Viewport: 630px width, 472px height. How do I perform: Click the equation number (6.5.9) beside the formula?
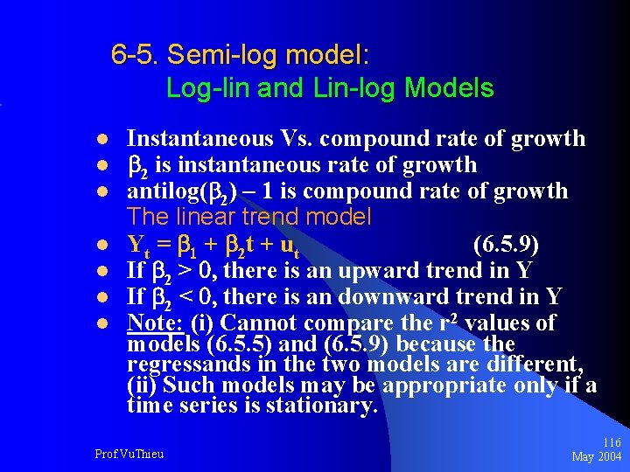pyautogui.click(x=506, y=243)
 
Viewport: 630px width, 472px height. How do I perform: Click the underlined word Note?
pyautogui.click(x=155, y=323)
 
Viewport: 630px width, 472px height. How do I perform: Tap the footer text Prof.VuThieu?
pyautogui.click(x=129, y=454)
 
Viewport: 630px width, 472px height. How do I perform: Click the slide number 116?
pyautogui.click(x=611, y=444)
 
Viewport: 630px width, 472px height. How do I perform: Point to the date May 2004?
pyautogui.click(x=596, y=457)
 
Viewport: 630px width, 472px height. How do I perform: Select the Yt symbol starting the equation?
pyautogui.click(x=136, y=244)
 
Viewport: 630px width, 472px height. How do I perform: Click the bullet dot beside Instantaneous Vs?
pyautogui.click(x=101, y=140)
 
